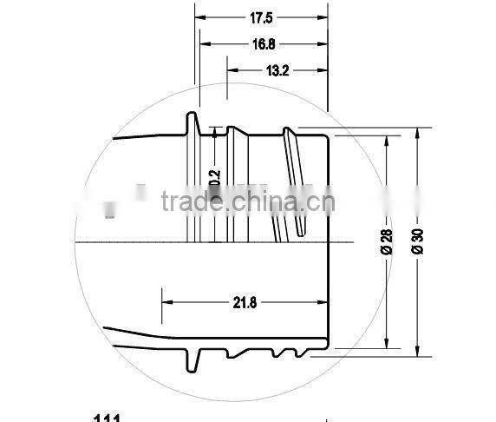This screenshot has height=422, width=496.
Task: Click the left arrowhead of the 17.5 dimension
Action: click(x=199, y=16)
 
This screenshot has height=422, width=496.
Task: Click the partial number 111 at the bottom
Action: click(x=106, y=419)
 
